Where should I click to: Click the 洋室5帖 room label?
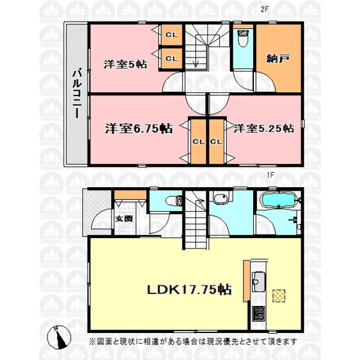(x=125, y=64)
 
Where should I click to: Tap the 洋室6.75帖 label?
(x=139, y=128)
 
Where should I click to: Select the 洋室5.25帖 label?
(x=263, y=128)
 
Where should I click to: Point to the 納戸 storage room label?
(x=278, y=59)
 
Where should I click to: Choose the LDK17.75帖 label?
(x=189, y=290)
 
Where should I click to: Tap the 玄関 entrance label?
(x=124, y=218)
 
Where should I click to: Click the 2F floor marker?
(x=264, y=9)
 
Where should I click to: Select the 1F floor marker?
(x=271, y=175)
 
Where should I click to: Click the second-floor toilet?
(x=243, y=38)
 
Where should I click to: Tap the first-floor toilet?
(x=174, y=200)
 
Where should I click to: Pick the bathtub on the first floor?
(x=278, y=200)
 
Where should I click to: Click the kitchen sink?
(x=259, y=281)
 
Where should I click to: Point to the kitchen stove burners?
(x=259, y=314)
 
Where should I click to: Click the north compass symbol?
(x=59, y=337)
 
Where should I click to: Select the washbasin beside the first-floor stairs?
(x=221, y=198)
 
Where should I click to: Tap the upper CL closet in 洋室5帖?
(x=172, y=35)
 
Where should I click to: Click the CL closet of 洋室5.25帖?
(x=216, y=142)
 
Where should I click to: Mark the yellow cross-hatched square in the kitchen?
(x=279, y=296)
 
